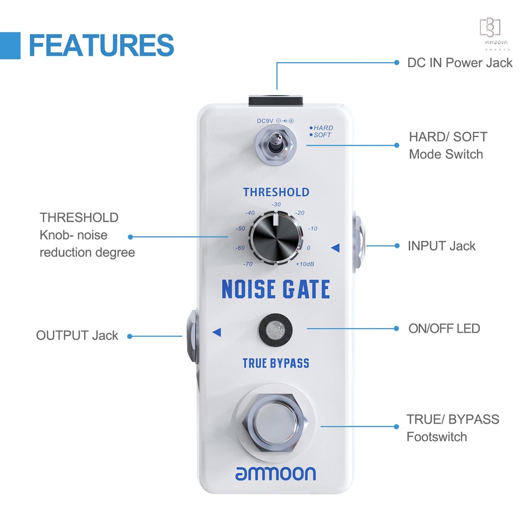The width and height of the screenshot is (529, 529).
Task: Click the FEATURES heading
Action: coord(101,45)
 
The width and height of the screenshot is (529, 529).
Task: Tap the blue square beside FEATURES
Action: coord(10,45)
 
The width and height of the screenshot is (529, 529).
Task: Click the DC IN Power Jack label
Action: coord(460,63)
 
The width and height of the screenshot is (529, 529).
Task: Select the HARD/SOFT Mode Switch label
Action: coord(448,145)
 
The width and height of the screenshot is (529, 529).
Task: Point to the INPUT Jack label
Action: coord(442,246)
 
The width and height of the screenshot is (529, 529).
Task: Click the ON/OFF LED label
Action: coord(444,328)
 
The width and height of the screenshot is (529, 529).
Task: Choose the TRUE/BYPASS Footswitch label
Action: coord(453,428)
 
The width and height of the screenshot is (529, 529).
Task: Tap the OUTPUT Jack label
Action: coord(77,335)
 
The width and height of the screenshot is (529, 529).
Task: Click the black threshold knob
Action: coord(275,238)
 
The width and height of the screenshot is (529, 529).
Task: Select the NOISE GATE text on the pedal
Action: coord(276,289)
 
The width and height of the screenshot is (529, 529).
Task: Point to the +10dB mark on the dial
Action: coord(305,264)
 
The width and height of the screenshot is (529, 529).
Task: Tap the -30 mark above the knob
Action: coord(276,205)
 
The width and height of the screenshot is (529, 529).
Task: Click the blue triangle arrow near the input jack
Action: coord(335,248)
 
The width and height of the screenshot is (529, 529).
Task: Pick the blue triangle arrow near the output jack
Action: coord(216,332)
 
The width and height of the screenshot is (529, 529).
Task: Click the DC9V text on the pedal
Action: coord(265,121)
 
